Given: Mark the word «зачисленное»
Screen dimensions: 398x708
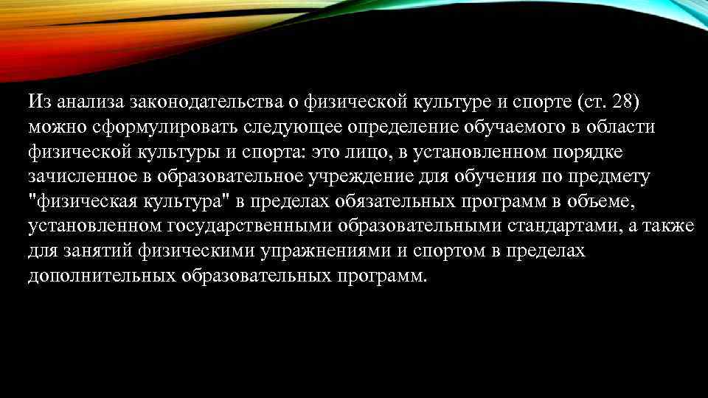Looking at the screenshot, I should [x=80, y=176].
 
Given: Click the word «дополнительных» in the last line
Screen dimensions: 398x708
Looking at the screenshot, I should [x=100, y=276].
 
